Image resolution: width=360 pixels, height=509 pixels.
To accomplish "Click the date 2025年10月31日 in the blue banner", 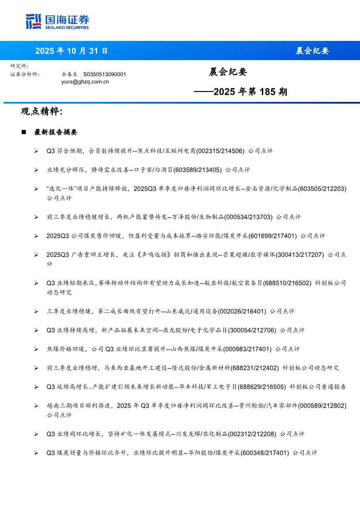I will pos(71,51).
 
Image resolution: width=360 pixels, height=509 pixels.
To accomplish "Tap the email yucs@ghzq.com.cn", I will pos(85,81).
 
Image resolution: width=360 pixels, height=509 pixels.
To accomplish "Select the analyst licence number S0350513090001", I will pos(104,74).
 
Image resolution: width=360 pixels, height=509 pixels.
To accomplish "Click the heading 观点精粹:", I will pos(42,111).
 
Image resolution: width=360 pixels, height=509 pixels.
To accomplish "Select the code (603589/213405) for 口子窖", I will pos(197,170).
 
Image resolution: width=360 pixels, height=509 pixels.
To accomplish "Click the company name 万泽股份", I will pos(183,217).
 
